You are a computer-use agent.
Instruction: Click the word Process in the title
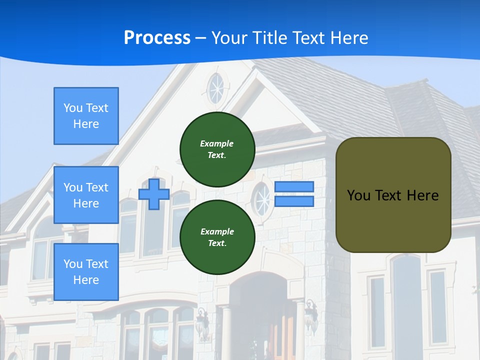[x=157, y=38]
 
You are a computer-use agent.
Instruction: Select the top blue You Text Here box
[x=86, y=116]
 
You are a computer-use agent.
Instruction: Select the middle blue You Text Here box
[x=86, y=195]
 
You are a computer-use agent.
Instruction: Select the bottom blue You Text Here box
[x=86, y=271]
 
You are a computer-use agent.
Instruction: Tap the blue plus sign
[x=154, y=194]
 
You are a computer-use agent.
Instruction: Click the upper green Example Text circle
[x=217, y=149]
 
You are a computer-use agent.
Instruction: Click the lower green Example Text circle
[x=217, y=237]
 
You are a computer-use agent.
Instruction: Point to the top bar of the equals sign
[x=294, y=186]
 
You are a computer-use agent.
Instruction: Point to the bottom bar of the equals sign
[x=294, y=201]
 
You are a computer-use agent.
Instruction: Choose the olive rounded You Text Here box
[x=393, y=195]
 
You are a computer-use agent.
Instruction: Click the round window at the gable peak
[x=216, y=89]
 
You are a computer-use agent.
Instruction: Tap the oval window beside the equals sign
[x=261, y=199]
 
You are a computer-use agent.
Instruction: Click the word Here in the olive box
[x=422, y=195]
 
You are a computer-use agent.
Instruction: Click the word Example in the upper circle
[x=216, y=143]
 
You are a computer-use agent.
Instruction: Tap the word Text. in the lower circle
[x=217, y=243]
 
